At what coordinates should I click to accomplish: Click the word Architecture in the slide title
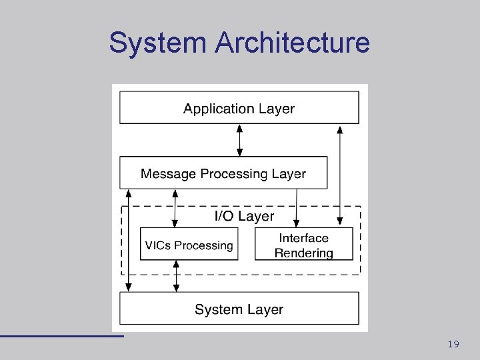point(292,43)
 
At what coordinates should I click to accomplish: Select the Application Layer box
point(239,107)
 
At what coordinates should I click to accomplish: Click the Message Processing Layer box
point(223,173)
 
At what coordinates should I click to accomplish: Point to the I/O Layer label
point(243,215)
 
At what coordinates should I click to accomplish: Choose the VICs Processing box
point(189,245)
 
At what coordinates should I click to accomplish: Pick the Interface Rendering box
point(303,245)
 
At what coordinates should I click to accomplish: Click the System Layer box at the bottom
point(239,309)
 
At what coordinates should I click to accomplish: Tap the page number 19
point(453,344)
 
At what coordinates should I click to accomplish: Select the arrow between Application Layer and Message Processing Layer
point(239,140)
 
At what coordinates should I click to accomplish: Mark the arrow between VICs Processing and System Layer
point(176,276)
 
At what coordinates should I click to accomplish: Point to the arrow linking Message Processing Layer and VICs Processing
point(175,208)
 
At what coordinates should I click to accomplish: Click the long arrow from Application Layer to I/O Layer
point(340,173)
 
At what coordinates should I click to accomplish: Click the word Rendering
point(303,253)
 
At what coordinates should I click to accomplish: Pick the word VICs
point(158,245)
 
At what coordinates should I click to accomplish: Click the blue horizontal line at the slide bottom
point(61,335)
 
